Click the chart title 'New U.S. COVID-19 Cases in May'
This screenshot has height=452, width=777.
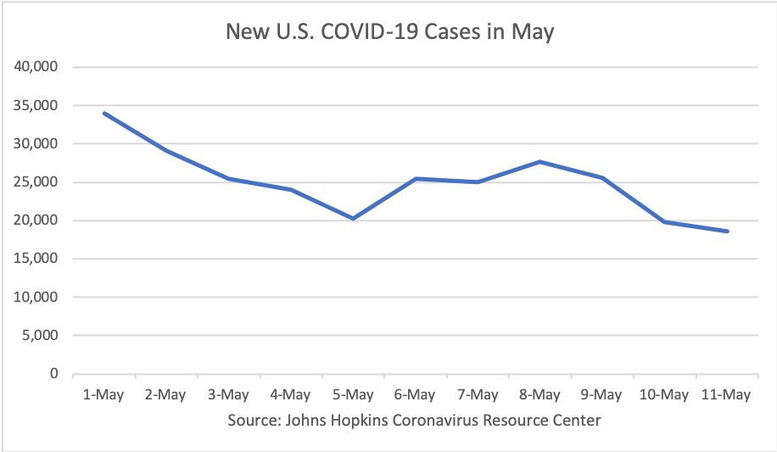click(x=389, y=32)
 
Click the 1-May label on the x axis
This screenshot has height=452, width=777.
click(x=103, y=394)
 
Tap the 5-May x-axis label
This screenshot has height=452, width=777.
click(x=353, y=394)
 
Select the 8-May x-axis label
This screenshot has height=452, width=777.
click(x=539, y=394)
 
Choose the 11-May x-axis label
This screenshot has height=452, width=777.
click(x=727, y=394)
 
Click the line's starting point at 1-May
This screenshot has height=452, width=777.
click(x=104, y=113)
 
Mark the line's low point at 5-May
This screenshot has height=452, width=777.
click(x=353, y=219)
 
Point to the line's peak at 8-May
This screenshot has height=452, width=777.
click(x=540, y=161)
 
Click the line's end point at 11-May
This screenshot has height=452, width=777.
click(x=727, y=232)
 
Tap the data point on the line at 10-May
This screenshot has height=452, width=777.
click(x=664, y=222)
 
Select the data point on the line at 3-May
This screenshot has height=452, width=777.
click(x=229, y=179)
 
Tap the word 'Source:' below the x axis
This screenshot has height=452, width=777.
click(x=253, y=421)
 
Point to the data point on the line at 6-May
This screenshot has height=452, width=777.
click(x=416, y=179)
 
